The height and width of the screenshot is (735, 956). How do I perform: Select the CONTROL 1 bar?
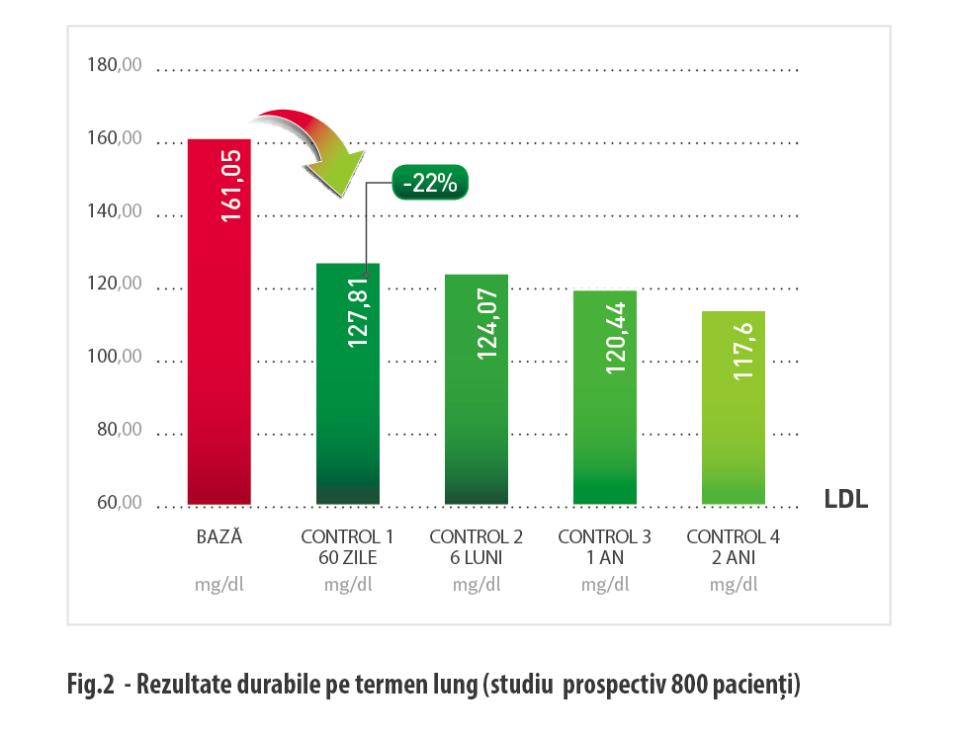pos(347,415)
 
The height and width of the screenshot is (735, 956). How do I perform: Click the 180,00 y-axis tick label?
pos(115,66)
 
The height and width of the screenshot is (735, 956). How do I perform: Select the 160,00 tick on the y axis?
pos(115,139)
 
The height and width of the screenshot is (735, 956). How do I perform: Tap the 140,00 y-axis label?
pos(115,211)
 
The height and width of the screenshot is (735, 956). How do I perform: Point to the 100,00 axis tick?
pos(115,357)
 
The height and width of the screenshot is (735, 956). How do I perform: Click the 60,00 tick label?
pos(115,503)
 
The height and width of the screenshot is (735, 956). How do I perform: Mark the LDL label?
pos(846,500)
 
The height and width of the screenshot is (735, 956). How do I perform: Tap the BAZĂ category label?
pos(219,537)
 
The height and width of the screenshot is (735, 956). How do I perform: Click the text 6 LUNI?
pos(476,557)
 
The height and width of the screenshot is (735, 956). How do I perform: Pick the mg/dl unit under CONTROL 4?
pos(734,583)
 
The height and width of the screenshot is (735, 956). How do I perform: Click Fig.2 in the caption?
pos(91,684)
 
